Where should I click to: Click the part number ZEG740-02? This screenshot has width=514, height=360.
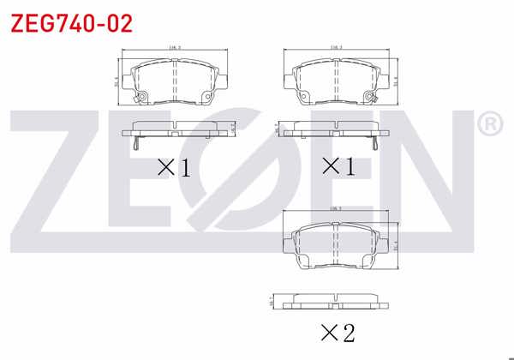tap(71, 23)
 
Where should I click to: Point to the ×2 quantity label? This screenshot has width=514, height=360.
tap(337, 331)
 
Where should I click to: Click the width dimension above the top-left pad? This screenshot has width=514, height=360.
tap(174, 49)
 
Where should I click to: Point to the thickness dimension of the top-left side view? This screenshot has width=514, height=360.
tap(233, 127)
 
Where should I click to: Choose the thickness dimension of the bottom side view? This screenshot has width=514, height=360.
tap(272, 301)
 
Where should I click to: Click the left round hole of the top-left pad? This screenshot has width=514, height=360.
tap(143, 95)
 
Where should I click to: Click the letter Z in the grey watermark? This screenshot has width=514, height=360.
tap(64, 176)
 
